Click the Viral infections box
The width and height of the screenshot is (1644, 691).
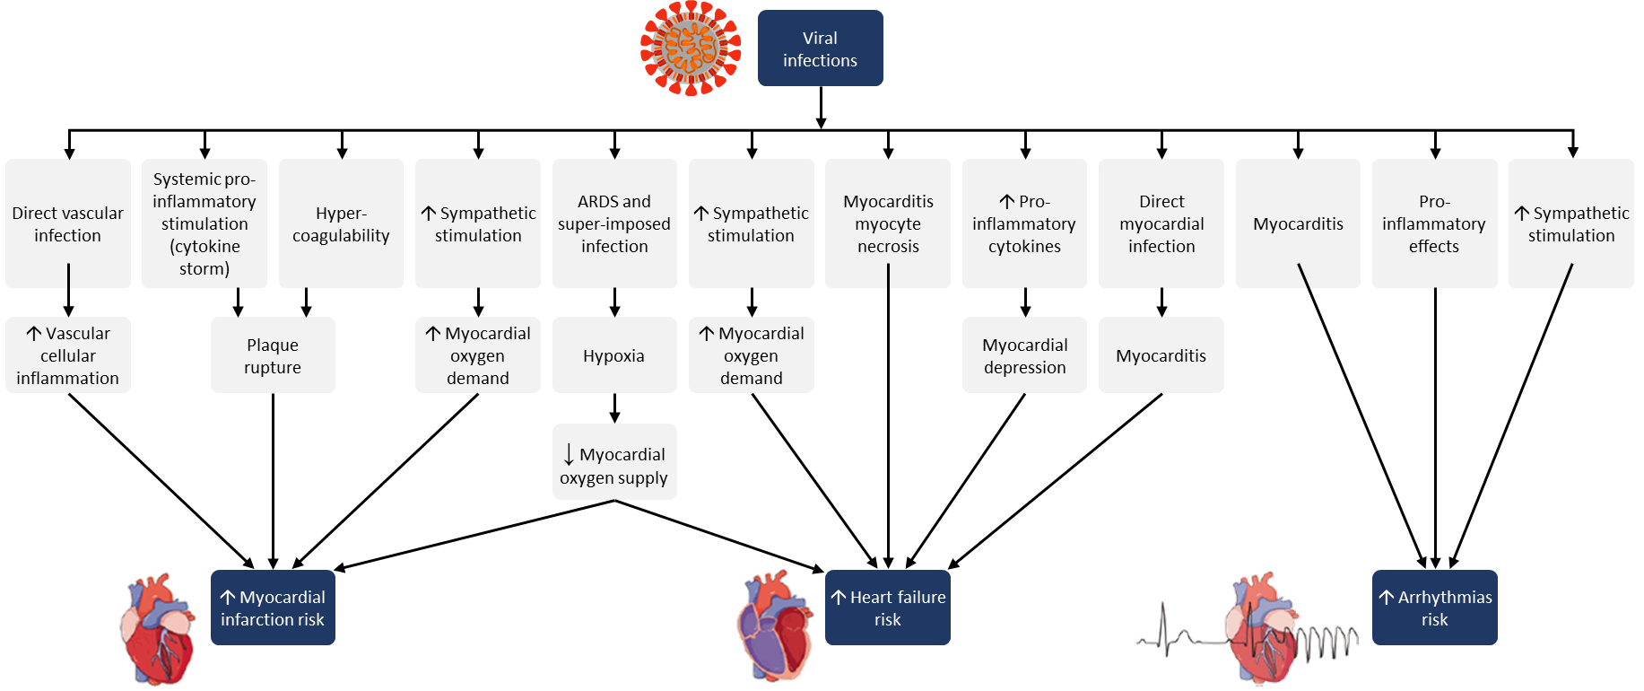[820, 48]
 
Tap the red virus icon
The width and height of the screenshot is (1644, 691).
[690, 48]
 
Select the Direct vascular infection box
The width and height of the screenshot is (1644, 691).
[68, 223]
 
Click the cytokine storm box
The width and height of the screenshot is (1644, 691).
[204, 223]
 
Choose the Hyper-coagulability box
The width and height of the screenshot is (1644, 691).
[341, 223]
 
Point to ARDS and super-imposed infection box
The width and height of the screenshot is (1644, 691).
[614, 223]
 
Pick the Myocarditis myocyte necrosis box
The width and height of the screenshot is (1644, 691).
[888, 223]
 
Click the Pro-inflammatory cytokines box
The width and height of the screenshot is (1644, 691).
[1024, 223]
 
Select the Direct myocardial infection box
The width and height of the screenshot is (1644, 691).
[1161, 223]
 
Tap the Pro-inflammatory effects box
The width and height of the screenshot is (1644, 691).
[1434, 223]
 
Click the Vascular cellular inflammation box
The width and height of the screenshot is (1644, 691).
[68, 355]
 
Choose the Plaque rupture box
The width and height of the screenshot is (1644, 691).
[273, 355]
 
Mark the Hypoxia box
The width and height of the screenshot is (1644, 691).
[614, 355]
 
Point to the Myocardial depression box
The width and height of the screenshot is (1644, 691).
[1024, 355]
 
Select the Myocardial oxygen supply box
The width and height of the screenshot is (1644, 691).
[614, 462]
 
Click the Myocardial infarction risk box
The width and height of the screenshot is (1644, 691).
[273, 608]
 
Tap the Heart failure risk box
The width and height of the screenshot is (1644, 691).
[888, 608]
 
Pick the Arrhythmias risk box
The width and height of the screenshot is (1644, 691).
[1434, 608]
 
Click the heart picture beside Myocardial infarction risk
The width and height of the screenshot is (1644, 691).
[158, 628]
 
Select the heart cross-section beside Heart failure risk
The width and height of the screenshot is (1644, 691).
[775, 626]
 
